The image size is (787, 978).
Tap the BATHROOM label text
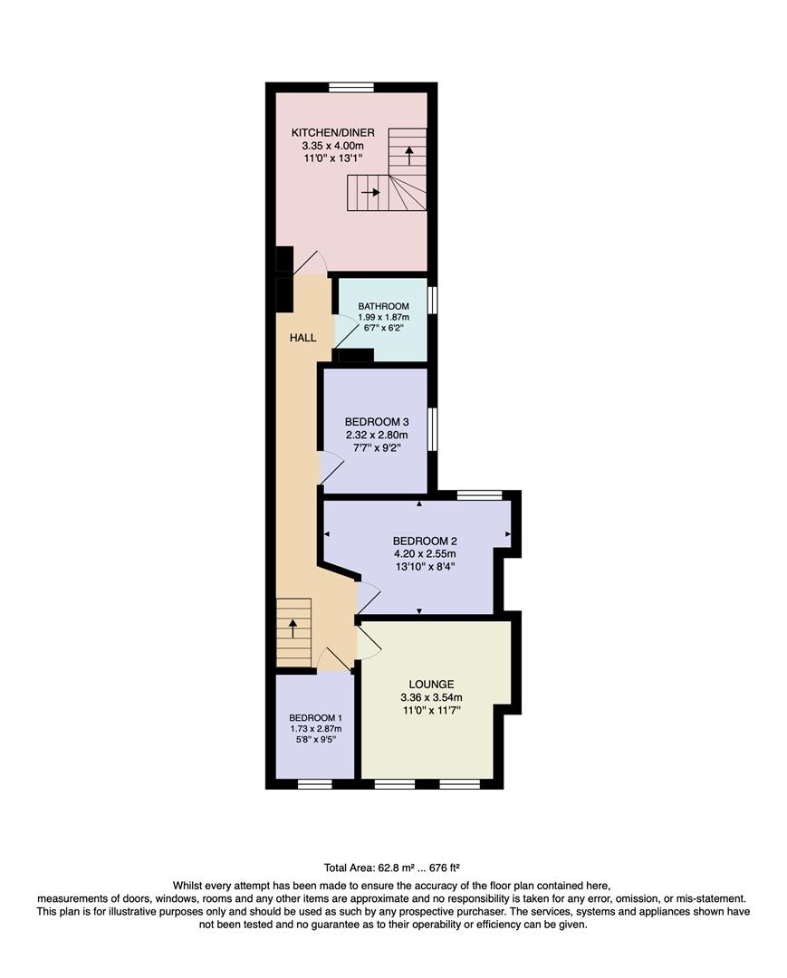pyautogui.click(x=382, y=306)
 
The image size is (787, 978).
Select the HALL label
pyautogui.click(x=302, y=338)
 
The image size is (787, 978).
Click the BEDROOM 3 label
pyautogui.click(x=377, y=422)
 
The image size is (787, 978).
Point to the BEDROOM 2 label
pyautogui.click(x=417, y=541)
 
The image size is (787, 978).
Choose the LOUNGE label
pyautogui.click(x=430, y=684)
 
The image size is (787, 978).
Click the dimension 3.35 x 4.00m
pyautogui.click(x=332, y=146)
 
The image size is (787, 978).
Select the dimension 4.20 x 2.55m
pyautogui.click(x=417, y=554)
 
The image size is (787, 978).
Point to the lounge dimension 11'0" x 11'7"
pyautogui.click(x=430, y=711)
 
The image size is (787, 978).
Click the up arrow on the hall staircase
pyautogui.click(x=293, y=628)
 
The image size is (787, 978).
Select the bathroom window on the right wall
pyautogui.click(x=433, y=300)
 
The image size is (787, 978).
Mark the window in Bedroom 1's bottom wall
pyautogui.click(x=316, y=783)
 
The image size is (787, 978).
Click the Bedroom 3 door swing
pyautogui.click(x=331, y=466)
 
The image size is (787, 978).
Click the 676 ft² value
pyautogui.click(x=444, y=867)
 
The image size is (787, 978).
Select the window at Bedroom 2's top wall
pyautogui.click(x=478, y=495)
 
